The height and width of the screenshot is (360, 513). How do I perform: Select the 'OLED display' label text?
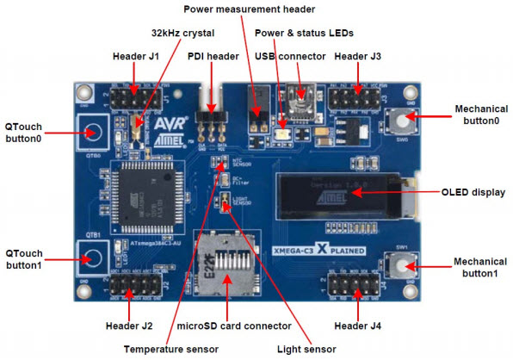[x=470, y=191]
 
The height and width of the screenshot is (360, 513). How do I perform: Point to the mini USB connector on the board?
[x=302, y=93]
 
